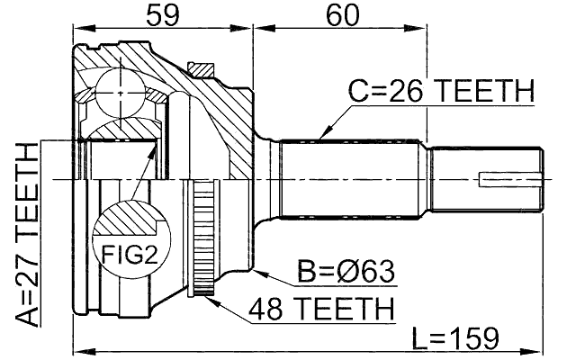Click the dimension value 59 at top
163,16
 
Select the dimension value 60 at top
338,16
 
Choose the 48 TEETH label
323,308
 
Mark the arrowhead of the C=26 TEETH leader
321,137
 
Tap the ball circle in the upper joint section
121,89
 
